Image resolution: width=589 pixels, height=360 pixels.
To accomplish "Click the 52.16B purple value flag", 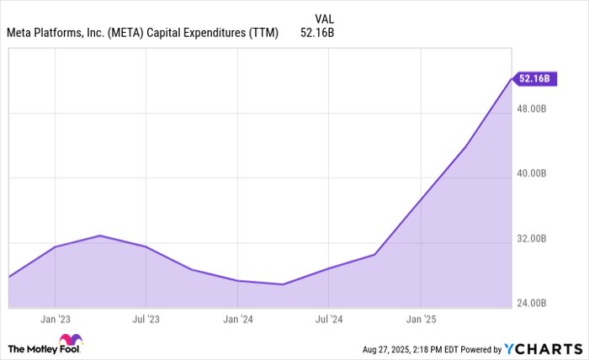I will coord(534,79).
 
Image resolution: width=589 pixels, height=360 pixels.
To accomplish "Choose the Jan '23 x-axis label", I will coord(55,320).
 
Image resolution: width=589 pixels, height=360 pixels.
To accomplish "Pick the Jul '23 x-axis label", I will coord(146,320).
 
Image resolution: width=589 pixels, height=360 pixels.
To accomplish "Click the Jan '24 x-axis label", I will coord(238,320).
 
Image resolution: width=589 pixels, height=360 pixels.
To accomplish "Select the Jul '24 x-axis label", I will coord(329,320).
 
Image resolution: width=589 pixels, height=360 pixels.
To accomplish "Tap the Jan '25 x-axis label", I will coord(421,320).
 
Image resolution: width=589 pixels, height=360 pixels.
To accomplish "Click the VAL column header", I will coord(324,18).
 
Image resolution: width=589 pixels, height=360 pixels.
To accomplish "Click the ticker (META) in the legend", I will coord(125,34).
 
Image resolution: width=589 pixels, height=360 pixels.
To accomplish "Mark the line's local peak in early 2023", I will coord(100,236).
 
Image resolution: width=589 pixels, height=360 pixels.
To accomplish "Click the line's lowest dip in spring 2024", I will coord(283,284).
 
